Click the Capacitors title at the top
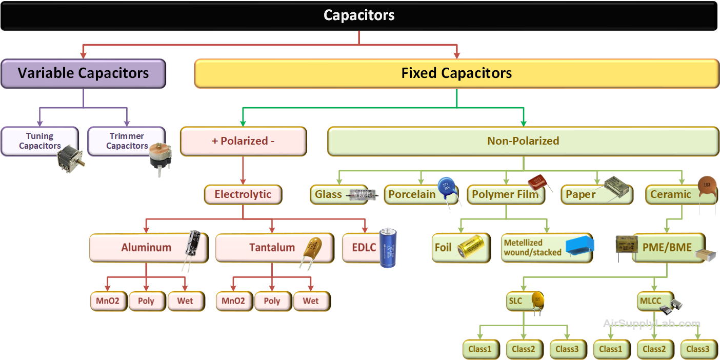click(x=359, y=15)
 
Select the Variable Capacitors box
click(x=83, y=73)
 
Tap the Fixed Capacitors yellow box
click(x=456, y=73)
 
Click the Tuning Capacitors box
click(x=40, y=141)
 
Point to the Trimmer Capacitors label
click(x=127, y=141)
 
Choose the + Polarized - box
click(x=243, y=141)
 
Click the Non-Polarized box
click(x=523, y=141)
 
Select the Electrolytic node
click(x=243, y=195)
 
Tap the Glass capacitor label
click(x=329, y=195)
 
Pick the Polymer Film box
click(x=505, y=195)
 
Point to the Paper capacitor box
click(x=581, y=195)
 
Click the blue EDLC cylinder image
click(x=388, y=248)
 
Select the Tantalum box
click(x=272, y=248)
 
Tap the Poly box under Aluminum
click(x=146, y=301)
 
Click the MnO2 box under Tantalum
click(x=233, y=301)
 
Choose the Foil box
click(x=443, y=248)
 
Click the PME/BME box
click(x=667, y=248)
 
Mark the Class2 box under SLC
click(x=523, y=349)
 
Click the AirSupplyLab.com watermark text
click(x=651, y=324)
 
